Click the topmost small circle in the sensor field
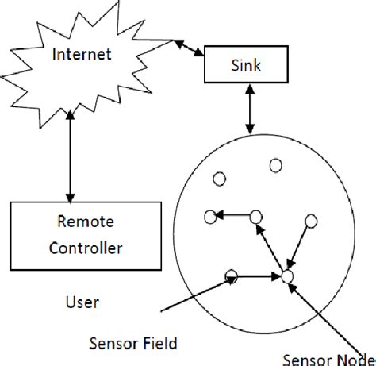(x=276, y=165)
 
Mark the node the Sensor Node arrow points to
(x=286, y=276)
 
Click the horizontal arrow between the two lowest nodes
(x=258, y=276)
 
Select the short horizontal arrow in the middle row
(x=233, y=215)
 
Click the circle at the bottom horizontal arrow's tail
(x=232, y=276)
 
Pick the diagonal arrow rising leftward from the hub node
(x=271, y=247)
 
